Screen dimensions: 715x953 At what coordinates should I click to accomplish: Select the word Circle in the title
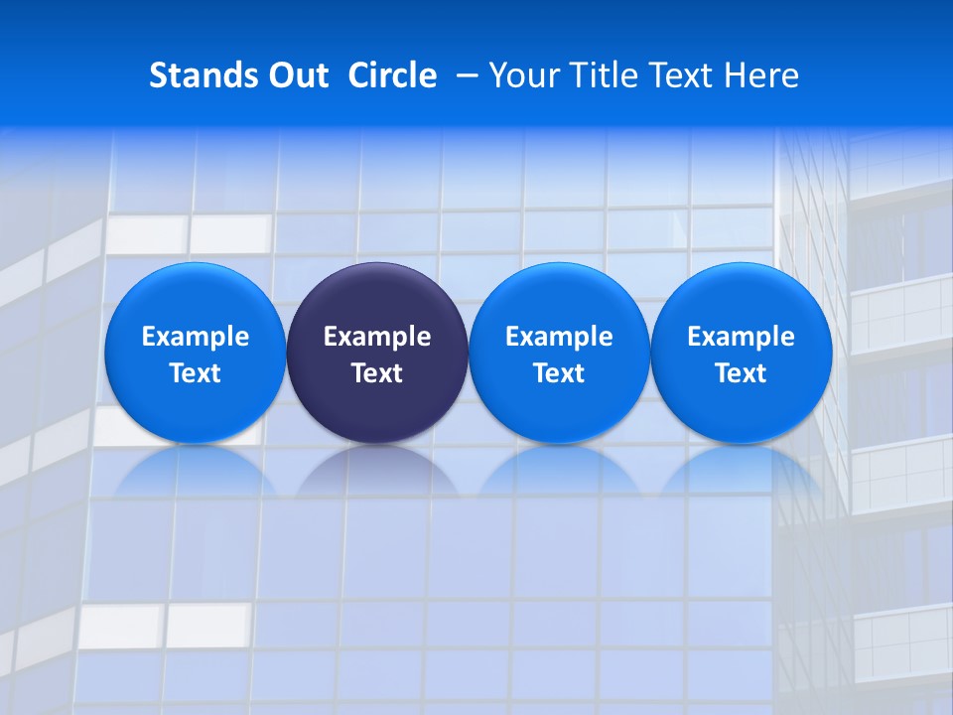coord(392,75)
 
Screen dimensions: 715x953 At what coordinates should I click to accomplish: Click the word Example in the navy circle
coord(377,337)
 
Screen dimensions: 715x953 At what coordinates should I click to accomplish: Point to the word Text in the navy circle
coord(377,373)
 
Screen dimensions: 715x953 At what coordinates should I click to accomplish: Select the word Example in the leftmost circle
coord(196,337)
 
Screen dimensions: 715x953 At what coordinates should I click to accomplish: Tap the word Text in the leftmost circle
coord(196,373)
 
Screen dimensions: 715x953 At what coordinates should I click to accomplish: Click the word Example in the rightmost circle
coord(742,337)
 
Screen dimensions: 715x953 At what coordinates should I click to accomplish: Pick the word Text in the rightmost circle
coord(742,373)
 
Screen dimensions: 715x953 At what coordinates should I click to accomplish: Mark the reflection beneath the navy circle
coord(377,471)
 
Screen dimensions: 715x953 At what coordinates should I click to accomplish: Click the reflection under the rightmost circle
coord(742,471)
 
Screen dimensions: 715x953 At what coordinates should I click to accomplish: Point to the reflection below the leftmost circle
coord(195,471)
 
